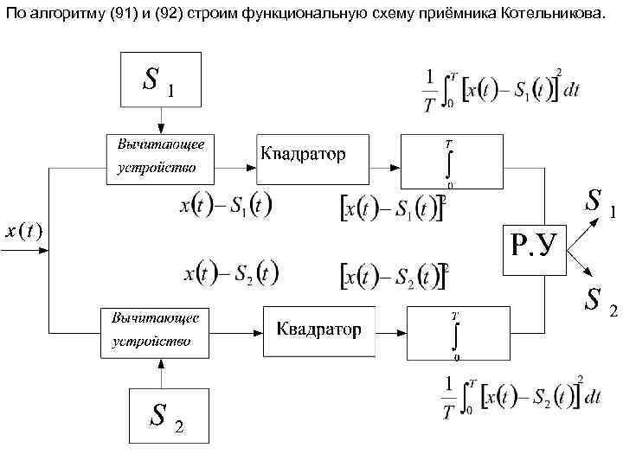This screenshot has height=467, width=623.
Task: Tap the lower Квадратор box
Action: click(x=318, y=329)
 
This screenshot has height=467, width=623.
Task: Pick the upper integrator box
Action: click(x=451, y=162)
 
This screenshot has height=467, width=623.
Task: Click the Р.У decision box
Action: click(x=536, y=249)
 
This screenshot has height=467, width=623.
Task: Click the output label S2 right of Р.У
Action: click(x=599, y=300)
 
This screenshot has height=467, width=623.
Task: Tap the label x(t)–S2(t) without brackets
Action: click(x=230, y=272)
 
